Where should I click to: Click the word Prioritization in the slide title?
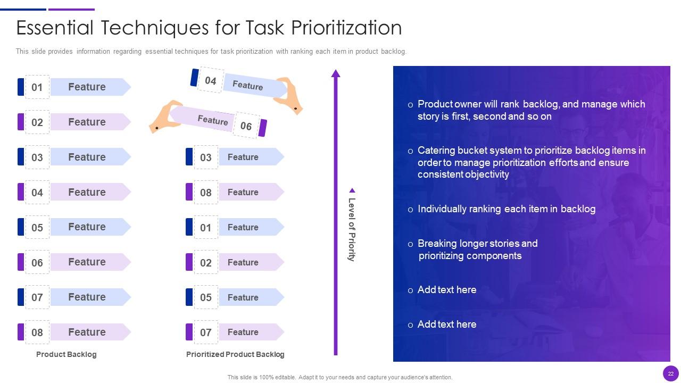pos(346,28)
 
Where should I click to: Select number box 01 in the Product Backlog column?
pos(37,87)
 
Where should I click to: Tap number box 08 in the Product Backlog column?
pos(37,332)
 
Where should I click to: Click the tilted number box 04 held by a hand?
pos(211,80)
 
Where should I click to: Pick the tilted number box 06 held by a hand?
pos(246,125)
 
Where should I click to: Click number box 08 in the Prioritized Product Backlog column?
pos(206,192)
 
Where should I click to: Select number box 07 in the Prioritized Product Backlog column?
pos(206,332)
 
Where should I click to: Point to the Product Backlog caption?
pos(67,354)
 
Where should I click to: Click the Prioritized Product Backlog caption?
pos(235,354)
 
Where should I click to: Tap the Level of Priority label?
pos(352,229)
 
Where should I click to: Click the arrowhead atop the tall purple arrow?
pos(336,73)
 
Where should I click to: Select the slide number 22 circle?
pos(671,373)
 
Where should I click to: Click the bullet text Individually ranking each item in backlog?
pos(506,209)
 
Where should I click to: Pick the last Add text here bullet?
pos(447,324)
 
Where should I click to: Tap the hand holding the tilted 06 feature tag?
pos(165,116)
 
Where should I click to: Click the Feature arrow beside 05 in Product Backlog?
pos(90,227)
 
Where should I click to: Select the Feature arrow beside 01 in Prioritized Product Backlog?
pos(252,227)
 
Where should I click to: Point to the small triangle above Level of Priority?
pos(352,190)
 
